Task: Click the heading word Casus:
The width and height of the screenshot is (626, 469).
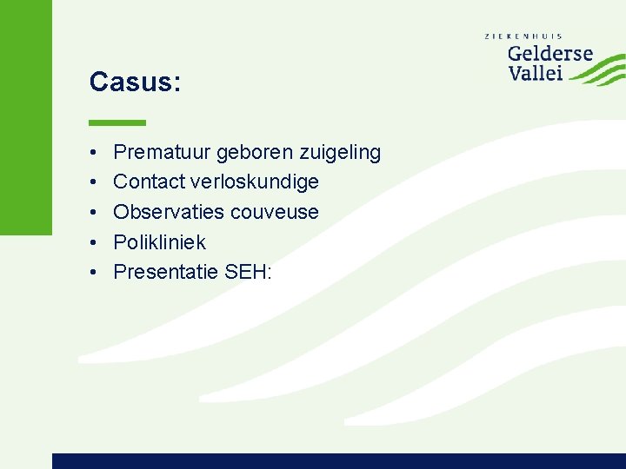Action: click(x=135, y=83)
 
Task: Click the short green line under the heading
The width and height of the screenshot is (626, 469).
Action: click(x=117, y=122)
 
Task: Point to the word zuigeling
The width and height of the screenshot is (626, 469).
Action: click(x=340, y=153)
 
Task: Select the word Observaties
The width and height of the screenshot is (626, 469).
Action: click(x=169, y=212)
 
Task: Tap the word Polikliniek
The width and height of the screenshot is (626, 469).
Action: click(x=159, y=242)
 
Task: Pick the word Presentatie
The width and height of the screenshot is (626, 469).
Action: click(x=166, y=272)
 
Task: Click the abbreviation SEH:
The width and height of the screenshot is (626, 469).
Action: click(x=249, y=272)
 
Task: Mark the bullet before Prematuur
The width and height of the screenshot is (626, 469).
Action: click(x=92, y=154)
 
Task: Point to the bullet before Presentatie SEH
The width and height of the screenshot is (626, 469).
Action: click(x=92, y=273)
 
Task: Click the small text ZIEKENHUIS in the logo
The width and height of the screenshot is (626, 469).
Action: click(x=523, y=36)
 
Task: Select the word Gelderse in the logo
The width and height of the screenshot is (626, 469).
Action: click(x=549, y=54)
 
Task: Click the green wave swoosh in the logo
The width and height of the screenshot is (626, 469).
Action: click(x=600, y=69)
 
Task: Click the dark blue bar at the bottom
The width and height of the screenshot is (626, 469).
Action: click(x=339, y=460)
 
